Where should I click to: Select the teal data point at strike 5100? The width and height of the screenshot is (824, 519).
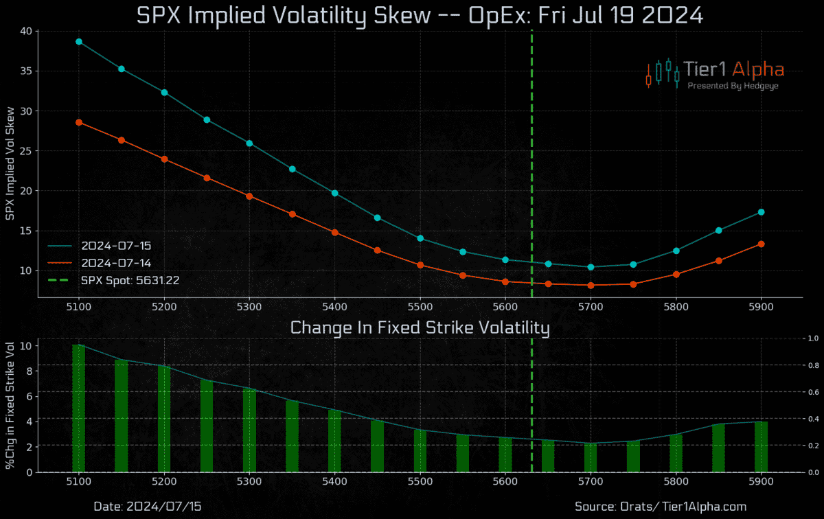coord(79,41)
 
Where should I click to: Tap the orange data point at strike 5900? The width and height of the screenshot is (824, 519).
coord(761,244)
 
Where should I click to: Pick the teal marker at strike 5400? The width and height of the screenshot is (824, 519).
coord(334,193)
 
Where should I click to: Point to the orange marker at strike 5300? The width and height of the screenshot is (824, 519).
coord(249,196)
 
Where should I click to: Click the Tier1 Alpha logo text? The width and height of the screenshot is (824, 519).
coord(733,69)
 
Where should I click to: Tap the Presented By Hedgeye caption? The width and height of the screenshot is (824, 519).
coord(733,86)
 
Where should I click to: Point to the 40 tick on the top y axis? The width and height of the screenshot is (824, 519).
coord(26,31)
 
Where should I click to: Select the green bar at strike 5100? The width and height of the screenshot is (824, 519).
coord(79,408)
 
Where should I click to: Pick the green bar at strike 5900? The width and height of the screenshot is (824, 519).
coord(761,447)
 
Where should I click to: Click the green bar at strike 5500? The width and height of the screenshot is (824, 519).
coord(420,451)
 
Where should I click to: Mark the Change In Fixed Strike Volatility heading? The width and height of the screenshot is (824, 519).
coord(420,328)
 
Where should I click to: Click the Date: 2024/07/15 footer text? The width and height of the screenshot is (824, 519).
coord(147,506)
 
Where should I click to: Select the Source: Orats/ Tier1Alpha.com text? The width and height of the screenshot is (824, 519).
coord(660,506)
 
